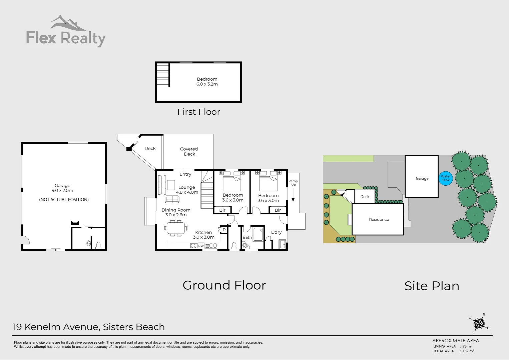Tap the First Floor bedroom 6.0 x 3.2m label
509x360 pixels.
coord(207,82)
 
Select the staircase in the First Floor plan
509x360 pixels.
coord(163,75)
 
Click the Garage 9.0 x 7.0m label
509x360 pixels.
coord(62,188)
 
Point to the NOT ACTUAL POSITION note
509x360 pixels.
coord(64,200)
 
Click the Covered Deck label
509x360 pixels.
coord(189,152)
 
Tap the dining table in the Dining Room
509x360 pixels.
coord(175,228)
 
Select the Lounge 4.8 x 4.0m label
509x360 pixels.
coord(187,190)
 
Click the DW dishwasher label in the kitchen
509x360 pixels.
coord(201,246)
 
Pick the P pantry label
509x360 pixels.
coord(224,230)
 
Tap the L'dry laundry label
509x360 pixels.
coord(276,232)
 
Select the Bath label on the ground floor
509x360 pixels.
coord(247,237)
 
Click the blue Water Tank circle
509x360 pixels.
coord(446,178)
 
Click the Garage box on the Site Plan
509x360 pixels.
coord(422,177)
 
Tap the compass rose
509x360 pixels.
coord(479,324)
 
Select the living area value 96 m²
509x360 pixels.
coord(467,346)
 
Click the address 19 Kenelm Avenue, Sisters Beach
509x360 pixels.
coord(89,327)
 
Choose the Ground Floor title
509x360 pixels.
coord(224,285)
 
